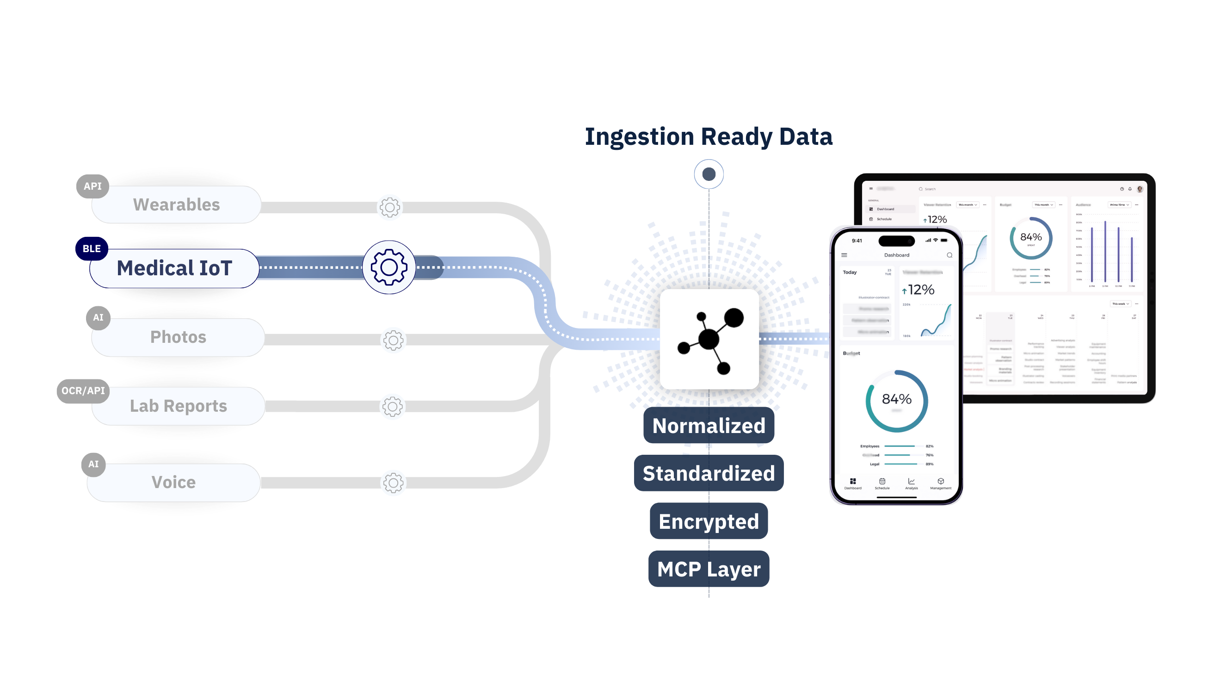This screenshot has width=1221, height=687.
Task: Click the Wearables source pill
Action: [x=176, y=204]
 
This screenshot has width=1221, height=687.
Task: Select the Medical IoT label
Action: [x=174, y=268]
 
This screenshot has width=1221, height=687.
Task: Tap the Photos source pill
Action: [x=178, y=337]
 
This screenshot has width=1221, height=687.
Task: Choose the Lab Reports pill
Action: [x=178, y=406]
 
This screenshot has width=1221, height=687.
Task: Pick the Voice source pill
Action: [x=173, y=482]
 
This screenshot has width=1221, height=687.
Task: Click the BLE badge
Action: [x=92, y=249]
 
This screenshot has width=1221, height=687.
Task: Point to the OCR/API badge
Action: [x=83, y=390]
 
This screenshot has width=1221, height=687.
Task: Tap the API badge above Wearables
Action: [x=92, y=186]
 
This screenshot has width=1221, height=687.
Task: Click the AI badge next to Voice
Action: [x=93, y=464]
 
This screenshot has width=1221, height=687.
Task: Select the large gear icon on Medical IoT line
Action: [x=388, y=267]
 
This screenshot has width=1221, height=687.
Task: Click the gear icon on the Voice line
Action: [x=393, y=483]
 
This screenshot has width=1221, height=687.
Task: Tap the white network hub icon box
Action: [x=709, y=340]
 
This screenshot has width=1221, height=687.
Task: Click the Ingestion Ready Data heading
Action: [x=709, y=136]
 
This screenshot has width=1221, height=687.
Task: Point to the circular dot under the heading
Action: [x=709, y=174]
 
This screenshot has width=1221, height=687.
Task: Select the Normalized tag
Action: [x=709, y=426]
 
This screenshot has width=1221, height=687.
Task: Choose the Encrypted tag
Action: [x=709, y=521]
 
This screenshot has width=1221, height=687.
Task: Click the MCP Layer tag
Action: [x=709, y=569]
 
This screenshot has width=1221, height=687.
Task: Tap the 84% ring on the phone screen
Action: [x=896, y=401]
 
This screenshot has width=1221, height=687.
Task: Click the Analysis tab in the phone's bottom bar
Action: [x=911, y=483]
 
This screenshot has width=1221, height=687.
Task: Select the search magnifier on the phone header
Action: [x=950, y=255]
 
